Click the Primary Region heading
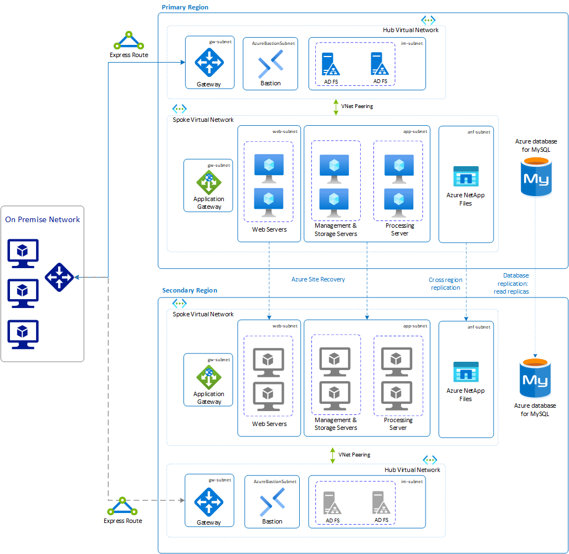[x=185, y=7]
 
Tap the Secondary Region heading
[x=189, y=290]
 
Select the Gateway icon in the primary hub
[x=209, y=62]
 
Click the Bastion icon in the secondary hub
[x=272, y=502]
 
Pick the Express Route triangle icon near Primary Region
[x=129, y=42]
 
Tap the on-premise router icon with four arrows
[x=59, y=277]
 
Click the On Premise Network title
[x=43, y=220]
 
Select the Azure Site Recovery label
[x=318, y=279]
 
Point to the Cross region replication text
[x=445, y=284]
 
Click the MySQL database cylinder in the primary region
[x=536, y=176]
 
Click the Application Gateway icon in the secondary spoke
[x=209, y=377]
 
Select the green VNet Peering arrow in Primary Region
[x=336, y=107]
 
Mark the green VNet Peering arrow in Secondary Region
[x=332, y=455]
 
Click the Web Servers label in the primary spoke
[x=269, y=229]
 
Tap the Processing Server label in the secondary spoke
[x=398, y=424]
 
